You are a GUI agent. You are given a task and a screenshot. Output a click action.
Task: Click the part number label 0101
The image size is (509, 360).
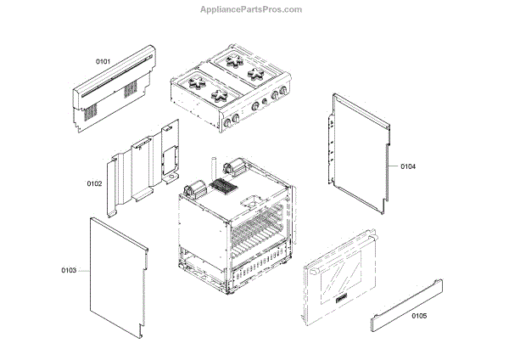(x=103, y=61)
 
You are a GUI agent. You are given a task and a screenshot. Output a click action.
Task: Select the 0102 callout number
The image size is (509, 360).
(x=94, y=183)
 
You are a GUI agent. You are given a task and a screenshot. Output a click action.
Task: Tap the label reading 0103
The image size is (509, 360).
(x=70, y=271)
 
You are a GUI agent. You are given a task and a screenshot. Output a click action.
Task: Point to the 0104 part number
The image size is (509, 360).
(x=408, y=166)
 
